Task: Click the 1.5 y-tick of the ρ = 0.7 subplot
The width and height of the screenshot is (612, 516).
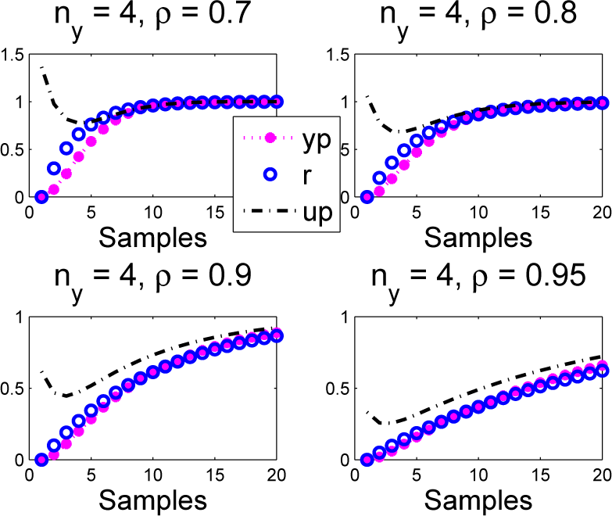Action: point(14,55)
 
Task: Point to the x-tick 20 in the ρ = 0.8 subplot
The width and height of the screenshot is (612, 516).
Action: point(601,212)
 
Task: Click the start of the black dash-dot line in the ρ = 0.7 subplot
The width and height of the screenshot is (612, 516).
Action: point(41,68)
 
